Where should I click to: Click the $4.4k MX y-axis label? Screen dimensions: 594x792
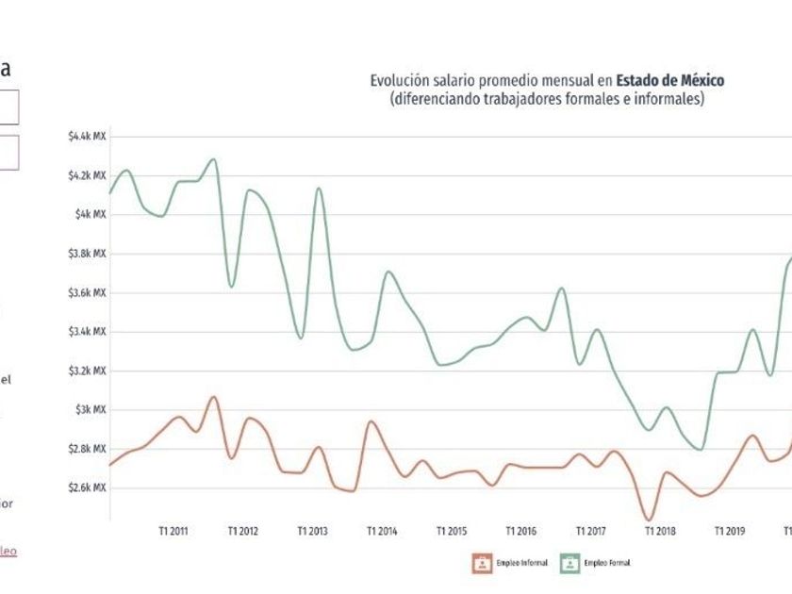point(88,137)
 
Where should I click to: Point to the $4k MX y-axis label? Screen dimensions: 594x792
point(91,215)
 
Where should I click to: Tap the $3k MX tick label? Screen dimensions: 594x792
point(91,410)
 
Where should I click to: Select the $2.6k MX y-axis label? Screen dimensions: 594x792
point(88,488)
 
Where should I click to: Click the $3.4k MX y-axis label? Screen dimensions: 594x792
point(88,332)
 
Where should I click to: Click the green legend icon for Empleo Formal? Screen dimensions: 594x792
point(569,563)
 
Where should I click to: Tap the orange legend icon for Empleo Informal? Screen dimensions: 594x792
point(483,563)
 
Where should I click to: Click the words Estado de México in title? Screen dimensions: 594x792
point(670,81)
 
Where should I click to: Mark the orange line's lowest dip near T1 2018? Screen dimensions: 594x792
point(649,520)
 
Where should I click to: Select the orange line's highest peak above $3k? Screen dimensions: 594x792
point(213,397)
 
